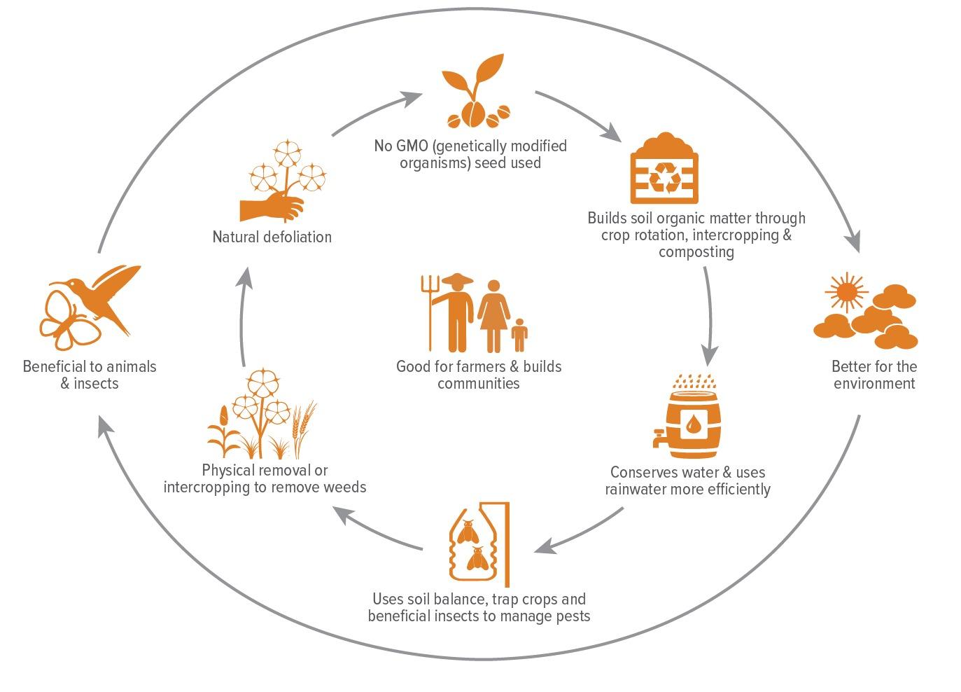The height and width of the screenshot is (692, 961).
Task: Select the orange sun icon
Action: pyautogui.click(x=846, y=291)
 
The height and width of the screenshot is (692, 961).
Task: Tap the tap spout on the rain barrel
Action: pyautogui.click(x=659, y=439)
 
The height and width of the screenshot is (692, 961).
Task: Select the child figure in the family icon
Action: pyautogui.click(x=519, y=335)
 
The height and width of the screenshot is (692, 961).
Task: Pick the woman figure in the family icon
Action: pyautogui.click(x=493, y=316)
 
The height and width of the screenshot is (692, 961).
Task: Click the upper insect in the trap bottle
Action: pyautogui.click(x=468, y=532)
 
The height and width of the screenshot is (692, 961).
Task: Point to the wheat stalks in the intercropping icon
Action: pyautogui.click(x=304, y=427)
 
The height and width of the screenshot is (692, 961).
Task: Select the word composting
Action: pyautogui.click(x=696, y=252)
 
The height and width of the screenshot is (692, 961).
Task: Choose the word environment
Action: pyautogui.click(x=874, y=383)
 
